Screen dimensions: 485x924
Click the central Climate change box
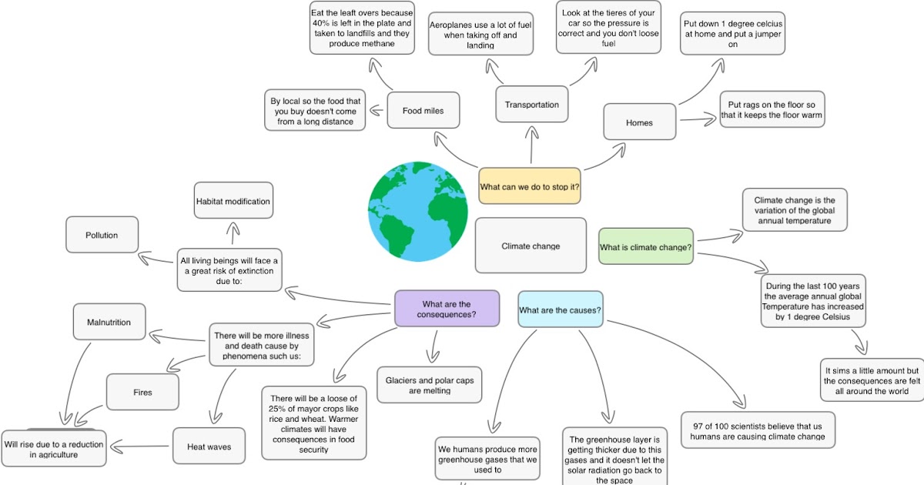pos(531,246)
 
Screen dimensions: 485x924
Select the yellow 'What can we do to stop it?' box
pos(530,186)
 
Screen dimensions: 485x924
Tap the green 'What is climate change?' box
pos(645,246)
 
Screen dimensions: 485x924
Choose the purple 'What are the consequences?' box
pos(447,309)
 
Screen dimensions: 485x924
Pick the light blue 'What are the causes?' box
pos(560,310)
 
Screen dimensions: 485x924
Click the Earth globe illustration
pos(418,210)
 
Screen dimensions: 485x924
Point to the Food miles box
pos(423,110)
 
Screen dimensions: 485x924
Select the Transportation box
pos(532,105)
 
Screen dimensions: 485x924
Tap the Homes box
pos(639,122)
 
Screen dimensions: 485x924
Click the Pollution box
pos(102,236)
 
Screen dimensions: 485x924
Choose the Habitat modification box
pos(233,202)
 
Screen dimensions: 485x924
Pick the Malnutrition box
pos(109,322)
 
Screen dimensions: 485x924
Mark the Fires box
pos(142,392)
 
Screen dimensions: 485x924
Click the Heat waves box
pos(209,446)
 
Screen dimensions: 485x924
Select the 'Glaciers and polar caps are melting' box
pos(430,385)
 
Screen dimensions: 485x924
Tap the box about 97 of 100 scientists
pos(758,430)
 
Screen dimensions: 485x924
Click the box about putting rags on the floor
pos(772,110)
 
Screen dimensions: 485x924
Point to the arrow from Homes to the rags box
pos(698,119)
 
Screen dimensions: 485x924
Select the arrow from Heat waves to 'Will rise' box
pos(142,445)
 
